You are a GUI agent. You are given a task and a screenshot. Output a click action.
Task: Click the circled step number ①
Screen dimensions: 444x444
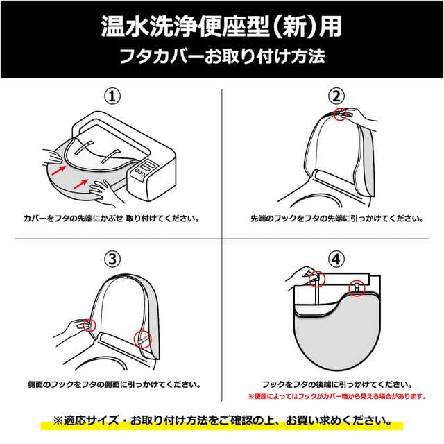pyautogui.click(x=112, y=96)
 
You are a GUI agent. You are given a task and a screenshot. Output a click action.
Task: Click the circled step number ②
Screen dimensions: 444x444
pyautogui.click(x=336, y=96)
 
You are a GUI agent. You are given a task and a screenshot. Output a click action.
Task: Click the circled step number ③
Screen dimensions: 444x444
pyautogui.click(x=112, y=259)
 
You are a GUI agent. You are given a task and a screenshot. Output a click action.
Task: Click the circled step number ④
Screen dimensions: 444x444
pyautogui.click(x=336, y=259)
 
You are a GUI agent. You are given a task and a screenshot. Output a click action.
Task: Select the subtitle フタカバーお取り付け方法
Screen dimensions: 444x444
pyautogui.click(x=222, y=56)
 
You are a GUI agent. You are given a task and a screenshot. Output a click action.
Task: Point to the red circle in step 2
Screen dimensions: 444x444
pyautogui.click(x=341, y=114)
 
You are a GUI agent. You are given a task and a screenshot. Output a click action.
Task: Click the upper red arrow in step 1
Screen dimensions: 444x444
pyautogui.click(x=59, y=170)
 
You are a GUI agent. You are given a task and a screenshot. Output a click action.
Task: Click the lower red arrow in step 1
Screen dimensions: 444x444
pyautogui.click(x=80, y=184)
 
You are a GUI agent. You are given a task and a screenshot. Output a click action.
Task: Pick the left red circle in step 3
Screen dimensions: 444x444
pyautogui.click(x=89, y=325)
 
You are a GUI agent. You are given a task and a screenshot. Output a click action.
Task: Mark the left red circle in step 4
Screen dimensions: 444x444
pyautogui.click(x=316, y=279)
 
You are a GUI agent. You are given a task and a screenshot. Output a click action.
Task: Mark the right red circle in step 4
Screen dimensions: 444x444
pyautogui.click(x=357, y=288)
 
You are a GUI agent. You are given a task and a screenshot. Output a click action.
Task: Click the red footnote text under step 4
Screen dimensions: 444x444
pyautogui.click(x=337, y=396)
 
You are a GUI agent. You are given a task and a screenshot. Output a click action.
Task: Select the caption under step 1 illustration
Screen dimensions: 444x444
pyautogui.click(x=111, y=219)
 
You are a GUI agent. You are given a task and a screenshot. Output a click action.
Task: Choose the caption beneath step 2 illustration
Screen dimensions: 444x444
pyautogui.click(x=337, y=219)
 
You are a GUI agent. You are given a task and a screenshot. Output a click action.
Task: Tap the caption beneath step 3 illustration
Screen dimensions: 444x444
pyautogui.click(x=114, y=384)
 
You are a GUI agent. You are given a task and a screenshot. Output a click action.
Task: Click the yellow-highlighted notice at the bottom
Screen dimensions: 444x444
pyautogui.click(x=222, y=420)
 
